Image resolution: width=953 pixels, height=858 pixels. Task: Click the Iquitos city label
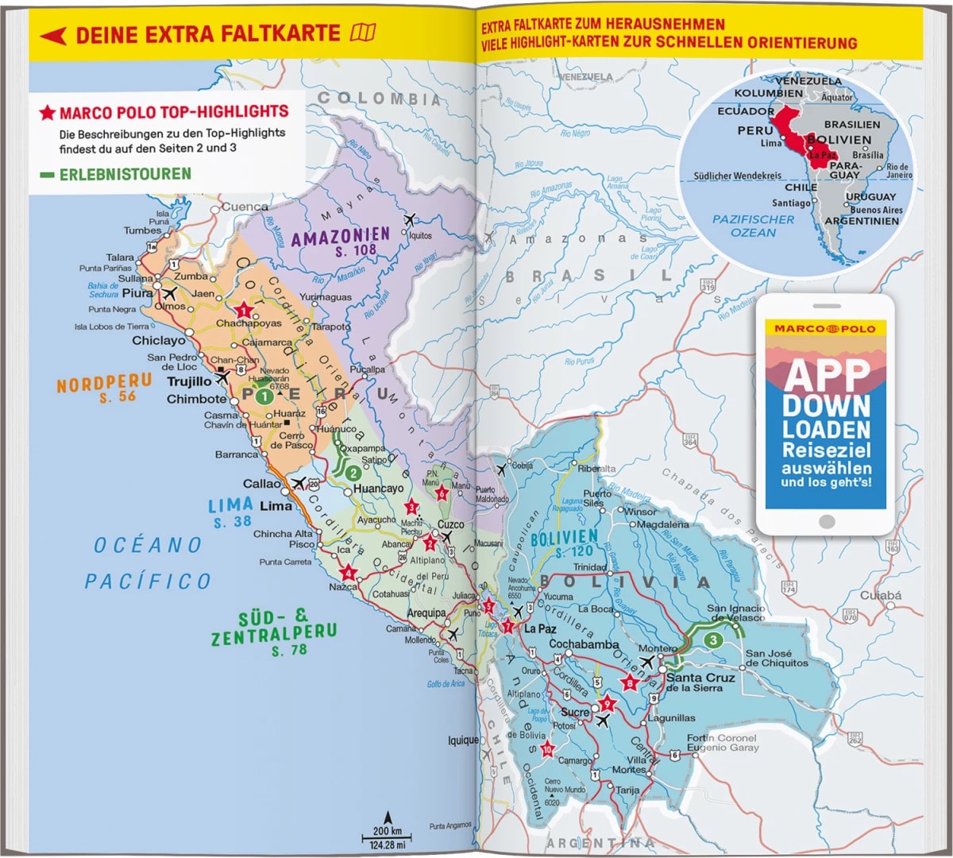pyautogui.click(x=420, y=235)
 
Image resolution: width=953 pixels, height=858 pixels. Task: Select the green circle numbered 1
pyautogui.click(x=264, y=396)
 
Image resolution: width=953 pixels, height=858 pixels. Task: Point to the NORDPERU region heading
pyautogui.click(x=104, y=383)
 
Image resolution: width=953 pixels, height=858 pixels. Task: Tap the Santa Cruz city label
pyautogui.click(x=700, y=678)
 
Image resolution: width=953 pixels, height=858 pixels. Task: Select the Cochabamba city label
pyautogui.click(x=584, y=643)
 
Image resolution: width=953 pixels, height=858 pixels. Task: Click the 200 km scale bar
pyautogui.click(x=387, y=832)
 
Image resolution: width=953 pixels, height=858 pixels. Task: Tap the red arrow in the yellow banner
pyautogui.click(x=52, y=35)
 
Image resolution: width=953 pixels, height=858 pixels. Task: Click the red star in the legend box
pyautogui.click(x=48, y=113)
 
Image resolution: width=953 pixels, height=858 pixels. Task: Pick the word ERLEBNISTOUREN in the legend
pyautogui.click(x=125, y=174)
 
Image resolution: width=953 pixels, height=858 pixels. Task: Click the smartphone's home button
pyautogui.click(x=826, y=521)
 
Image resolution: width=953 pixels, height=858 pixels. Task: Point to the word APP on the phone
pyautogui.click(x=826, y=374)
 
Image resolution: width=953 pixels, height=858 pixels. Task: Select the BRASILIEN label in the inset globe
pyautogui.click(x=851, y=125)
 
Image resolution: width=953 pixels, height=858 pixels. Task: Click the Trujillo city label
pyautogui.click(x=189, y=381)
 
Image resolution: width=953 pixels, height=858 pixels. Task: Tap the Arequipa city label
pyautogui.click(x=426, y=613)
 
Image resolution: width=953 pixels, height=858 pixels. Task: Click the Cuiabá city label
pyautogui.click(x=881, y=595)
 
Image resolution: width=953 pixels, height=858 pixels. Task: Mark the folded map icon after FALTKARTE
pyautogui.click(x=363, y=33)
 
